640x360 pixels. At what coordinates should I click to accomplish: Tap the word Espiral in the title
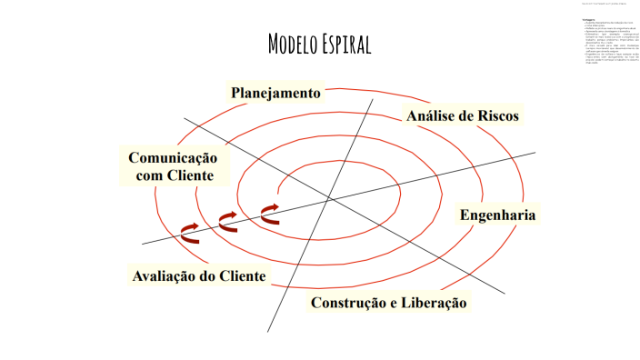pyautogui.click(x=347, y=45)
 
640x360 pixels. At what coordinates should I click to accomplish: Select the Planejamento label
pyautogui.click(x=275, y=93)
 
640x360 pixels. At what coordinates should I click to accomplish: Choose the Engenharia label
pyautogui.click(x=497, y=215)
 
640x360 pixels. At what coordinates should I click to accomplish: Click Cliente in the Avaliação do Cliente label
pyautogui.click(x=240, y=275)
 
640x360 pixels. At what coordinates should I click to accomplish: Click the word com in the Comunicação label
pyautogui.click(x=149, y=175)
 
